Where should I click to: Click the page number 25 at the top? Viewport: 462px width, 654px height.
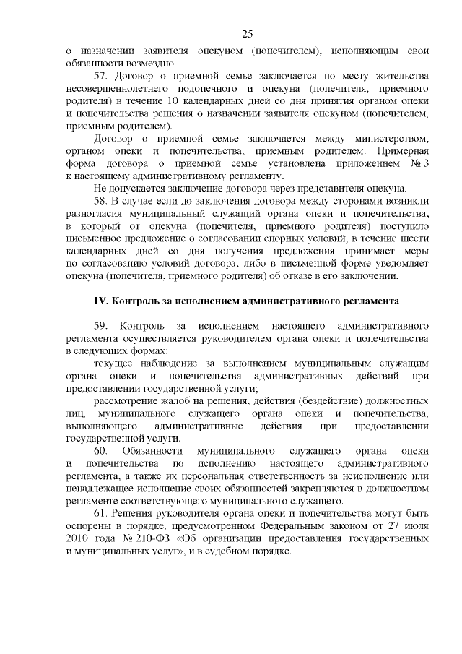[x=247, y=34]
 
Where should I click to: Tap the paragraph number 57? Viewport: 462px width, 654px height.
[x=102, y=75]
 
